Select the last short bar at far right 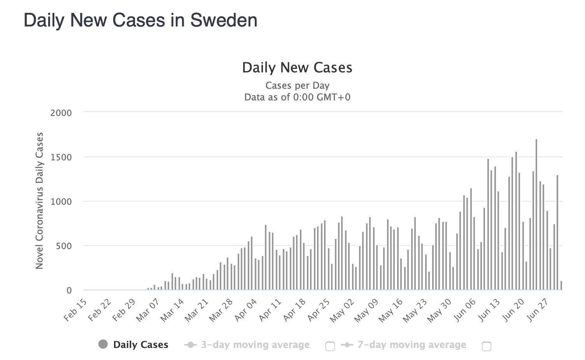coord(561,286)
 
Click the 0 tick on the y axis coord(69,290)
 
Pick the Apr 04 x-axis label coord(246,310)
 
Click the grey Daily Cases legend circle coord(103,344)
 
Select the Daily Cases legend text coord(141,345)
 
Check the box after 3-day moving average coord(330,346)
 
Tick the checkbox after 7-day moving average coord(487,346)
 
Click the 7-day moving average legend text coord(412,345)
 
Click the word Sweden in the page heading coord(224,20)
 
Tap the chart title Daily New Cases coord(297,68)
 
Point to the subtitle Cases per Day coord(297,86)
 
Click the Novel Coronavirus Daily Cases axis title coord(39,201)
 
